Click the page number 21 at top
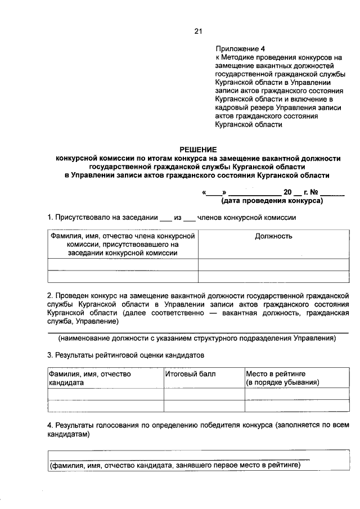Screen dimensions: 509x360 tap(198, 31)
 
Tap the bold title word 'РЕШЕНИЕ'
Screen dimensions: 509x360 tap(198, 149)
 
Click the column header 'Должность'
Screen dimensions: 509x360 tap(273, 236)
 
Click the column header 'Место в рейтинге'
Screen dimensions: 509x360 tap(276, 373)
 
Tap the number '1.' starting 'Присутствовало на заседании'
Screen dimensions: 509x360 tap(51, 218)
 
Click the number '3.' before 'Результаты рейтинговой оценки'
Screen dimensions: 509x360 tap(51, 355)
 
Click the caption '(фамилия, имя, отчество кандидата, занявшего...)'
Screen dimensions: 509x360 tap(182, 465)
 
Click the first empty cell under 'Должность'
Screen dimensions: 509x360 tap(273, 264)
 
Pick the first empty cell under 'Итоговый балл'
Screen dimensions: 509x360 tap(204, 393)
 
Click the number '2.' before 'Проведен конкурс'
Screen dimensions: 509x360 tap(51, 295)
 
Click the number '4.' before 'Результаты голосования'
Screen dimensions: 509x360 tap(51, 425)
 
